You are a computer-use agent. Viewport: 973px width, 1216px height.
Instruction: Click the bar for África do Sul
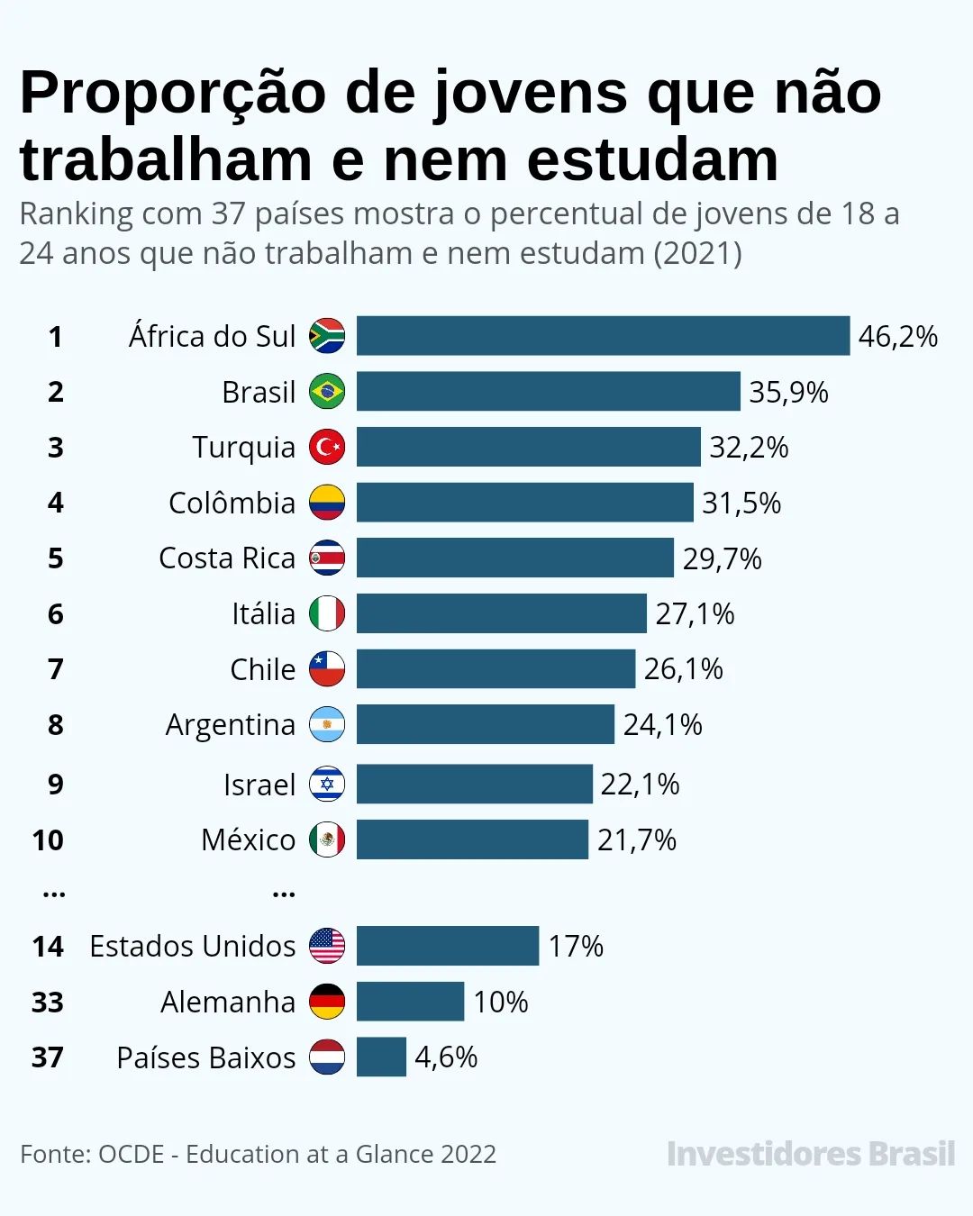tap(603, 336)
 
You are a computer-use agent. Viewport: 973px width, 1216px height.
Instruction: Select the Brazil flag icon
tap(327, 392)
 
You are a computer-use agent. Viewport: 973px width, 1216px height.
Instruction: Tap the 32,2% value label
tap(749, 448)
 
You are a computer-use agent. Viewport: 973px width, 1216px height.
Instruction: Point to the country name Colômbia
tap(232, 503)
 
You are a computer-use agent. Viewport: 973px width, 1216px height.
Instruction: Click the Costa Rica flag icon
tap(327, 558)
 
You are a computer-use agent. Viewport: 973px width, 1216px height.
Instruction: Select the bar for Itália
tap(501, 613)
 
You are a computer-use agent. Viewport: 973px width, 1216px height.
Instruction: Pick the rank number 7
tap(56, 669)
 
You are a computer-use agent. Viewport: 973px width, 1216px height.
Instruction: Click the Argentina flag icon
tap(327, 724)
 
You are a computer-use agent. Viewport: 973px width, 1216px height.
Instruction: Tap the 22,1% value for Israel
tap(640, 784)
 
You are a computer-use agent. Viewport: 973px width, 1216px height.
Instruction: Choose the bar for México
tap(472, 839)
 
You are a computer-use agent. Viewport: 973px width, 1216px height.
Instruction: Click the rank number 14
tap(48, 947)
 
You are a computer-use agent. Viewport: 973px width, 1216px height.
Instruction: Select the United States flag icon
tap(327, 946)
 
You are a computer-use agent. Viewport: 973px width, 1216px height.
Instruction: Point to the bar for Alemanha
tap(410, 1002)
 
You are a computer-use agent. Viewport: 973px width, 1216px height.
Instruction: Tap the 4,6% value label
tap(446, 1057)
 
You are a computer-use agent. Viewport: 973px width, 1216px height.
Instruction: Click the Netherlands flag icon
tap(327, 1057)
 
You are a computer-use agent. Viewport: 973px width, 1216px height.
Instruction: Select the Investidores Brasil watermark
tap(810, 1154)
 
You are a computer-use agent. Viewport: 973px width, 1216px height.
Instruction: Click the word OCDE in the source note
tap(132, 1154)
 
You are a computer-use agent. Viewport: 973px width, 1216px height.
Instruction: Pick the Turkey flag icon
tap(327, 447)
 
